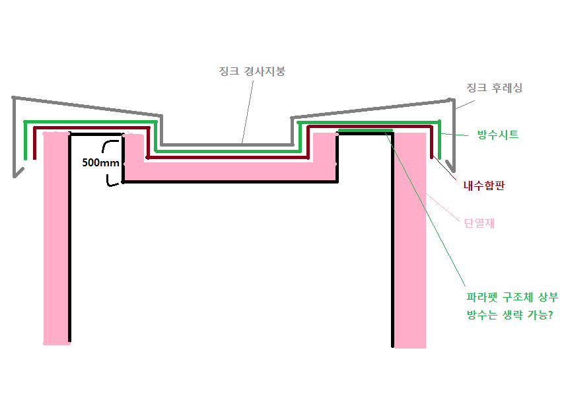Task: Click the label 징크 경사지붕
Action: coord(252,71)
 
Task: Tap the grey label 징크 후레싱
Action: coord(494,88)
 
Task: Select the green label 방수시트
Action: coord(498,135)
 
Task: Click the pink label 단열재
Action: coord(480,223)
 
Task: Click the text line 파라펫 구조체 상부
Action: coord(507,298)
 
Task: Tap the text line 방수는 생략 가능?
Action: coord(509,316)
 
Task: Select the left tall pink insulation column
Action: coord(55,238)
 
